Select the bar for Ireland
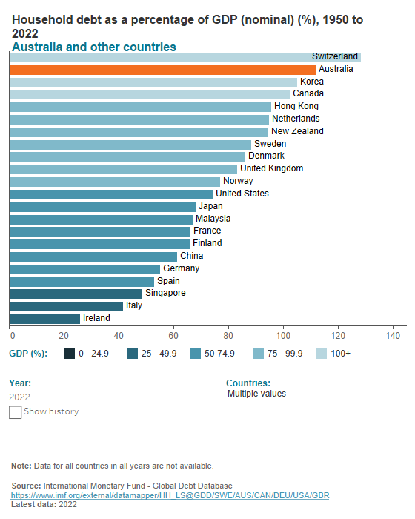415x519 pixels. (x=44, y=318)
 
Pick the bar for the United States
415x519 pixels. (x=111, y=194)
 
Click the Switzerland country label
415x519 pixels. (x=335, y=56)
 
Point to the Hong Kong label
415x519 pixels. (x=296, y=106)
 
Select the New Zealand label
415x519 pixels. (x=297, y=131)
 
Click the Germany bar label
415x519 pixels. (x=181, y=268)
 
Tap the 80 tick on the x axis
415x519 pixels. (x=228, y=334)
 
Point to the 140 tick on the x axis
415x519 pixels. (x=393, y=334)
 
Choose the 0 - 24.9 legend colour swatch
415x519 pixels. (x=70, y=354)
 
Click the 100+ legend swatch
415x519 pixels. (x=322, y=354)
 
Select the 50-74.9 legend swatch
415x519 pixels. (x=196, y=354)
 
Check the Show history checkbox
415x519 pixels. (x=15, y=412)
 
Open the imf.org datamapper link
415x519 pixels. (x=170, y=495)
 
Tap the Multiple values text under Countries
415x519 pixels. (x=256, y=394)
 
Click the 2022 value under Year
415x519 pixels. (x=19, y=397)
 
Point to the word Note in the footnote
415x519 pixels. (x=21, y=466)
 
